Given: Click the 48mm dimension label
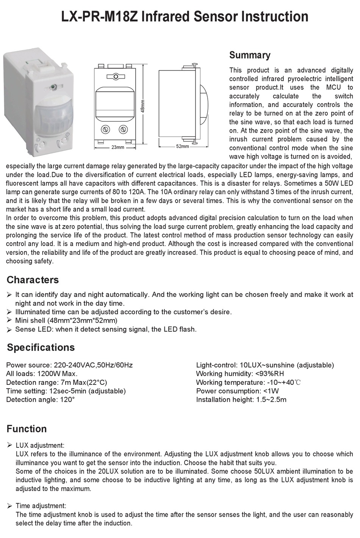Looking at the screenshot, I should [x=143, y=105].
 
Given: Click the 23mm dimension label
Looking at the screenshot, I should [x=117, y=147].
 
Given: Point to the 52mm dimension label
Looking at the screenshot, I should [x=182, y=146].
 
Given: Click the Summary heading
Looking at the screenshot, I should [x=250, y=55].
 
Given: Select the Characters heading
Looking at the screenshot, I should [x=33, y=280].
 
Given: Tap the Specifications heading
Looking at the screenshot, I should [x=41, y=348].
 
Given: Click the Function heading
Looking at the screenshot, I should [x=27, y=429].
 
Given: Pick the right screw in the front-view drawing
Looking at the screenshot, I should [x=123, y=130].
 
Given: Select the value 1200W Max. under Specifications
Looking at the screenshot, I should [x=57, y=374].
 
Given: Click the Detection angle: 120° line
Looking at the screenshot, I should [x=40, y=400].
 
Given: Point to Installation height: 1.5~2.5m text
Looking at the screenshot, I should [x=241, y=400].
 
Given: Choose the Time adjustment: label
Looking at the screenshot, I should [x=41, y=506].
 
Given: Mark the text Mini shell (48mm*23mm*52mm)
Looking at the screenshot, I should [x=66, y=320].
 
